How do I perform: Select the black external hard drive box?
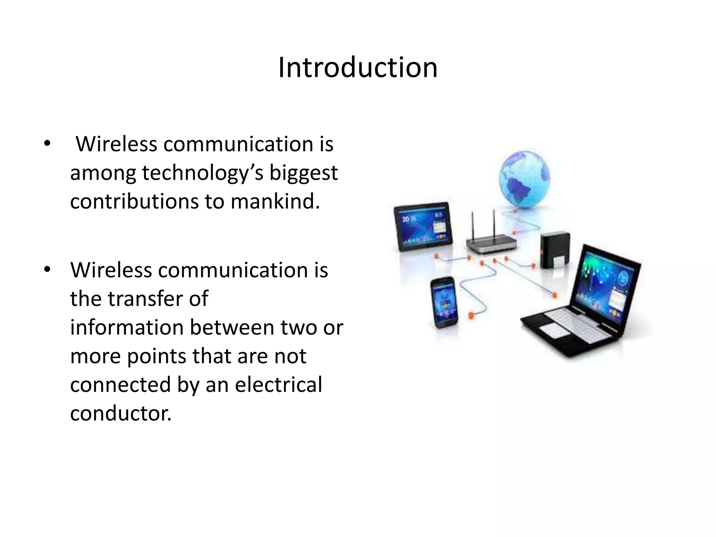pos(555,251)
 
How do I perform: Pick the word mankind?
pos(275,202)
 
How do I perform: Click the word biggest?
pos(303,173)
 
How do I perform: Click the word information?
pos(127,328)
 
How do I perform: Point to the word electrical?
pos(278,385)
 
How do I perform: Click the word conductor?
pos(121,414)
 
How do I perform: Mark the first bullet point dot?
pos(47,144)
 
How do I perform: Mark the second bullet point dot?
pos(47,270)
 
